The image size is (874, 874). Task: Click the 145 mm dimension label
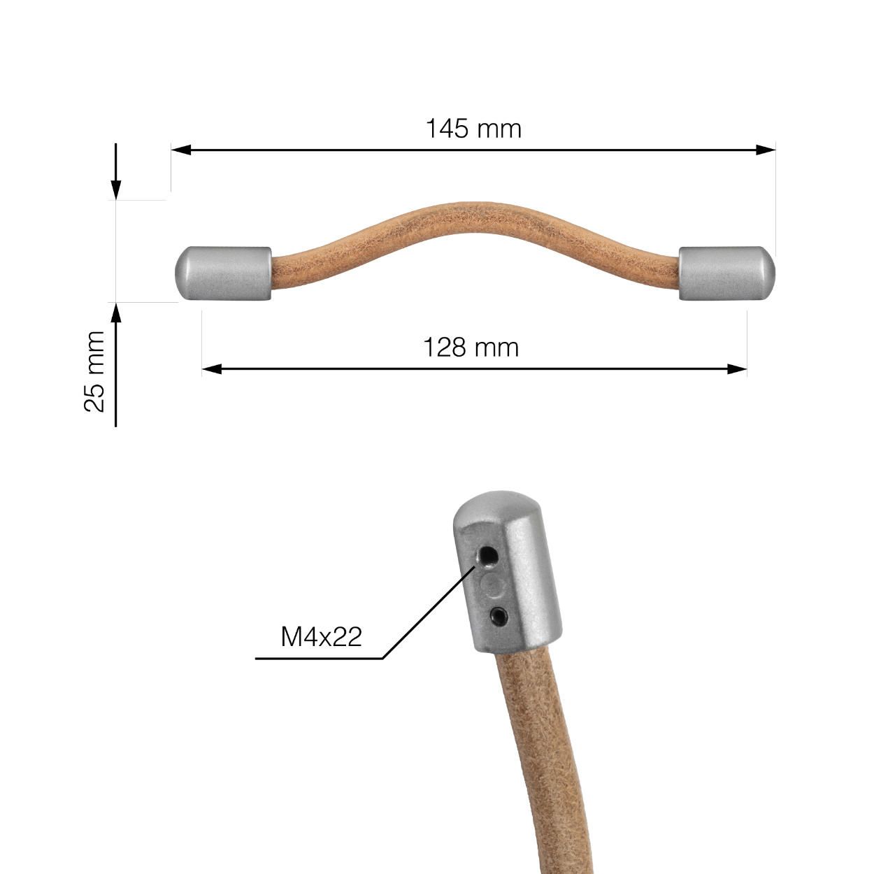[473, 129]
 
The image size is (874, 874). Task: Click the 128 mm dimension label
[471, 347]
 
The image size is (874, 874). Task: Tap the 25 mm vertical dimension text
[94, 371]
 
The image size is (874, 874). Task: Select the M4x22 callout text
[321, 636]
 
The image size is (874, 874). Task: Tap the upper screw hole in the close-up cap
[487, 557]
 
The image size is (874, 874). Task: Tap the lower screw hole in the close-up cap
[499, 615]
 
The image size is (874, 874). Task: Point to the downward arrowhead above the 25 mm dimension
[116, 189]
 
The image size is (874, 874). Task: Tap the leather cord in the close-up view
[538, 755]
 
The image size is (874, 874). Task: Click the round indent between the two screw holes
[493, 586]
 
